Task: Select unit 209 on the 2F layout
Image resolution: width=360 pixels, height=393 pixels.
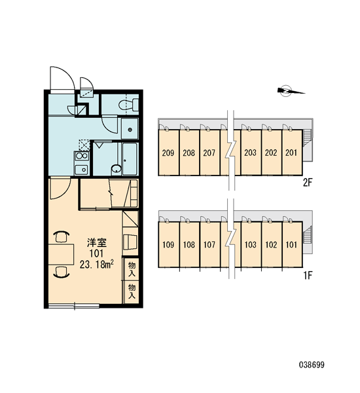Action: coord(168,153)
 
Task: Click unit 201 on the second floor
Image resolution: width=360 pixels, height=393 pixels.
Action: coord(292,153)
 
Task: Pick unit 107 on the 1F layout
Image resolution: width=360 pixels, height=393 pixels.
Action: coord(209,244)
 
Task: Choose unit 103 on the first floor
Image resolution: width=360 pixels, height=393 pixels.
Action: coord(251,244)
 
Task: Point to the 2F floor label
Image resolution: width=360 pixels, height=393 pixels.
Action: coord(308,183)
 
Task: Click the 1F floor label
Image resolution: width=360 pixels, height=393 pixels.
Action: coord(308,276)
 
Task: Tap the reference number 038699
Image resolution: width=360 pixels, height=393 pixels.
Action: coord(312,365)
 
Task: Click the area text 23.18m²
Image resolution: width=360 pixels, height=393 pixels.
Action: coord(97,264)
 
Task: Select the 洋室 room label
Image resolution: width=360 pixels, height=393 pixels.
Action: coord(97,242)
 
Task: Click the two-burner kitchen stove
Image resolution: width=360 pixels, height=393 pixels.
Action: coord(82,156)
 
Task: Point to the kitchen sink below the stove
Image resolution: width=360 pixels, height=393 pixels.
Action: coord(81,170)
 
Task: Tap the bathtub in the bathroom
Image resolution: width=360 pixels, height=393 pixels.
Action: coord(130,159)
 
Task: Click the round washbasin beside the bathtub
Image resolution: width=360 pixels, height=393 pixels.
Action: coord(117,169)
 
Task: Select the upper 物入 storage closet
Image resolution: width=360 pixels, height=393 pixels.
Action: coord(132,269)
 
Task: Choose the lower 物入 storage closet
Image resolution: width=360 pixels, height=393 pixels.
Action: coord(132,291)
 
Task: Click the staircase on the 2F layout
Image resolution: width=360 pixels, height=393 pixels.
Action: coord(308,138)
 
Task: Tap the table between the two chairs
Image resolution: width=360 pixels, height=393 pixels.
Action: coord(62,254)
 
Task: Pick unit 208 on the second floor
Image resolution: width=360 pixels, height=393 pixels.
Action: coord(189,153)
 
